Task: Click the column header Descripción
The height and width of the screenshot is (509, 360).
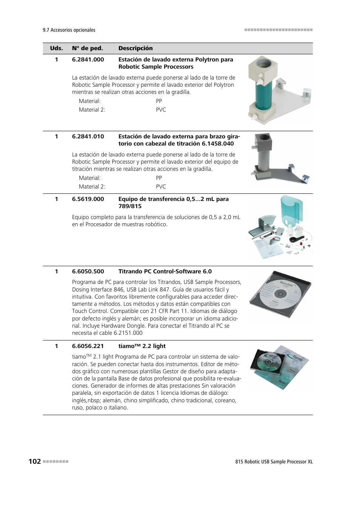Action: point(135,48)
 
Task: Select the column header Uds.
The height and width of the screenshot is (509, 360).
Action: point(56,48)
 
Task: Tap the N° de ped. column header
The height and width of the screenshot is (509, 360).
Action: point(87,48)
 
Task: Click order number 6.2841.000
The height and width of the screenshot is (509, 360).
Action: point(88,60)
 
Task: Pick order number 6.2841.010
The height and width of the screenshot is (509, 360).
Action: point(88,136)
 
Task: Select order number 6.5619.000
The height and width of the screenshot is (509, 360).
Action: point(88,199)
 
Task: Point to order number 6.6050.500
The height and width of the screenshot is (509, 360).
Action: point(88,271)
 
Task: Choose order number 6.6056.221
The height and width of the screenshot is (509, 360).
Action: point(88,346)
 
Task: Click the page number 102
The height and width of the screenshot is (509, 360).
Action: point(35,461)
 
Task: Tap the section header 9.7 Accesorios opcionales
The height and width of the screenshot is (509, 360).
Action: point(69,30)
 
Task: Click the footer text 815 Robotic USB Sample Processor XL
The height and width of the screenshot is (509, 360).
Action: point(274,462)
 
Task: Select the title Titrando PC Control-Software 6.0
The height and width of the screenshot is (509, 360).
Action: point(165,271)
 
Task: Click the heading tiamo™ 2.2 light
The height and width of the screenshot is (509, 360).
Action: point(142,346)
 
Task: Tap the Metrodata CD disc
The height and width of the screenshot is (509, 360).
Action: point(280,294)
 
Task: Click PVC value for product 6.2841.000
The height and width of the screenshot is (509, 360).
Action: point(161,110)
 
